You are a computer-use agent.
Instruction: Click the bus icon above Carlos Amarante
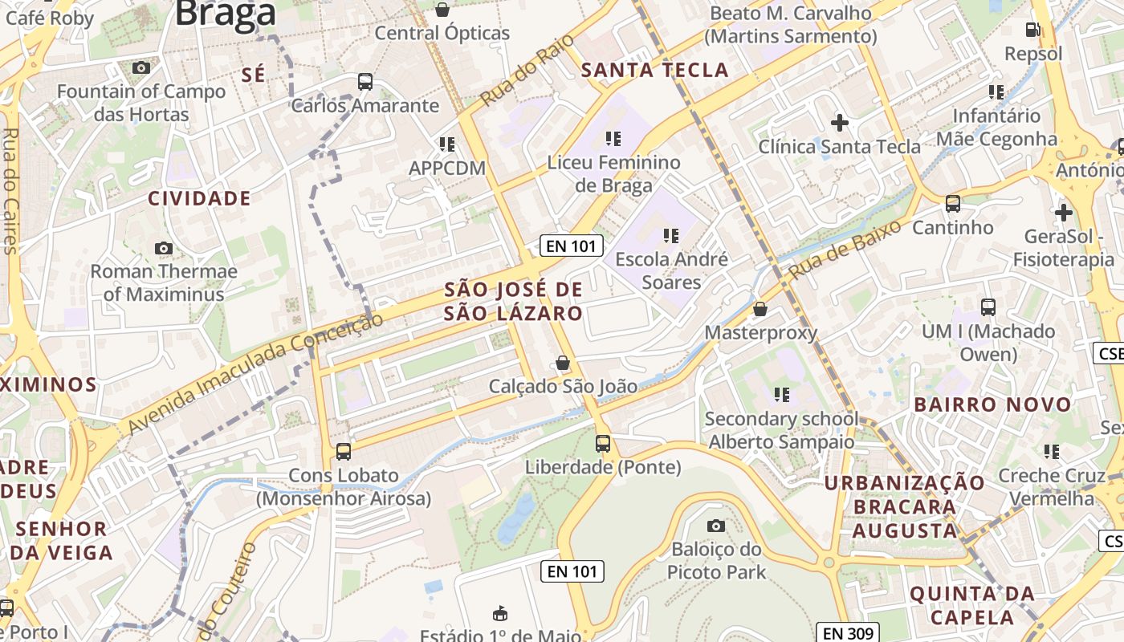[365, 81]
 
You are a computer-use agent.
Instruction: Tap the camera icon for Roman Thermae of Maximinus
[164, 248]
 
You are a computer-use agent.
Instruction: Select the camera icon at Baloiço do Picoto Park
[715, 526]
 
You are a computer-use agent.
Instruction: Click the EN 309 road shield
[849, 632]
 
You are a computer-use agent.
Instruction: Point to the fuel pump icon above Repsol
[1032, 30]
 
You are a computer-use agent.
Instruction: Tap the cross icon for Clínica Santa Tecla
[840, 123]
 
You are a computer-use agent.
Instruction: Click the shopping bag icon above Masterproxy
[760, 309]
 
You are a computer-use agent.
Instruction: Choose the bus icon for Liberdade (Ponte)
[603, 443]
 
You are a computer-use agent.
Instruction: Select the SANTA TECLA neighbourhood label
[654, 71]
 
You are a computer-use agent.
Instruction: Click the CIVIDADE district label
[199, 198]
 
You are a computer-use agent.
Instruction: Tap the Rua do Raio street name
[527, 70]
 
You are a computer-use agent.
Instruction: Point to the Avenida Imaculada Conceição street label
[255, 375]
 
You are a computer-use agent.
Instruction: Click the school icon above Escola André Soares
[671, 236]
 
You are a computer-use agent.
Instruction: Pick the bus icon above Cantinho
[953, 204]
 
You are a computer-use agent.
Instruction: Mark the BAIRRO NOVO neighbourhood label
[993, 404]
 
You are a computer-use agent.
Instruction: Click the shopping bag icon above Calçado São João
[563, 363]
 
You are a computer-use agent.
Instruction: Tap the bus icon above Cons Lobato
[344, 451]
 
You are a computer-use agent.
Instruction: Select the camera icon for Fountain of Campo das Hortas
[141, 68]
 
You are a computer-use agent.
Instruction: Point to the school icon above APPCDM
[447, 144]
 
